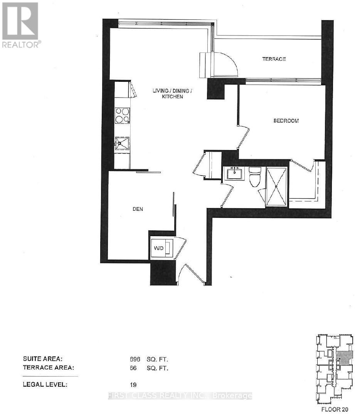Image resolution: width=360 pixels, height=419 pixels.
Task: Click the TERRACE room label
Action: (274, 59)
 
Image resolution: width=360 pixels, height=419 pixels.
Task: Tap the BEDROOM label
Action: (286, 121)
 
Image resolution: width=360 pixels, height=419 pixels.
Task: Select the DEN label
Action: (138, 209)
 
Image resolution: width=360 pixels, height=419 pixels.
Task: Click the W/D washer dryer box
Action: (162, 248)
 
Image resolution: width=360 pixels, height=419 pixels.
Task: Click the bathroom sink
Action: (234, 174)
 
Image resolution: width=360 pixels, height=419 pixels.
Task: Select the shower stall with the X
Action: (277, 187)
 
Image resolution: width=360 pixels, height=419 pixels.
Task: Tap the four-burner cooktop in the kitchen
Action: (122, 115)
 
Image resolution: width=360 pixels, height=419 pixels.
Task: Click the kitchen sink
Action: (122, 144)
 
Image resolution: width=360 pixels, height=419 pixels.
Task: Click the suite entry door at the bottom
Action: (191, 274)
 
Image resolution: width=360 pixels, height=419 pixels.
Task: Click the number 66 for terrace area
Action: (133, 368)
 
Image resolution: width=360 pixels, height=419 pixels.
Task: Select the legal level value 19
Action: (133, 385)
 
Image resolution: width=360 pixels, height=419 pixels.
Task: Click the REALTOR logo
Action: (20, 25)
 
